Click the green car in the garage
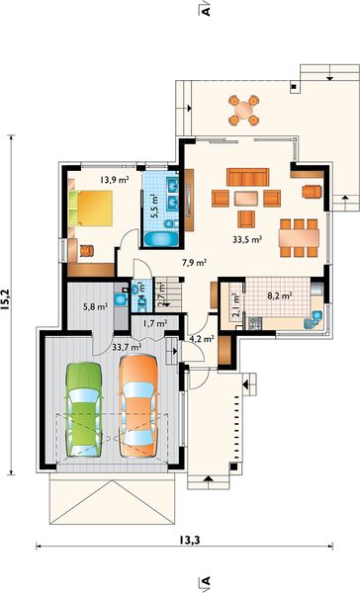coord(84,409)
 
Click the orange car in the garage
coord(138,406)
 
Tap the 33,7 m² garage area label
coord(127,346)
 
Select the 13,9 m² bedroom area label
coord(114,179)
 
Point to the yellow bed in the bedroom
coord(91,208)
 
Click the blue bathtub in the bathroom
coord(161,239)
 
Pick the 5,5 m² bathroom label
coord(153,206)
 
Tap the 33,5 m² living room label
coord(247,239)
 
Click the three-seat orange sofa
coord(248,177)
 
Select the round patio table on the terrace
coord(243,111)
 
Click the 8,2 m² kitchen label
coord(280,296)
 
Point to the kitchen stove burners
coord(255,323)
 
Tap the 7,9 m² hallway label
coord(194,263)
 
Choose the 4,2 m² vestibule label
coord(202,339)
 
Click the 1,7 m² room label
coord(155,324)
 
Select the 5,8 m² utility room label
coord(95,306)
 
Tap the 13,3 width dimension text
coord(189,541)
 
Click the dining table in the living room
coord(299,238)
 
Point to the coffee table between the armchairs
coord(246,199)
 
